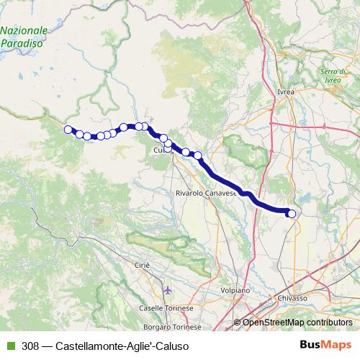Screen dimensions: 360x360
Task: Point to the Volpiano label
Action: click(x=235, y=289)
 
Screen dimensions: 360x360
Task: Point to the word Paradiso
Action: click(x=22, y=43)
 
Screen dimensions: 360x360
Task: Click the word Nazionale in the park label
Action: click(x=24, y=31)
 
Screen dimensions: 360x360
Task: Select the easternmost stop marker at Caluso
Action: click(x=291, y=212)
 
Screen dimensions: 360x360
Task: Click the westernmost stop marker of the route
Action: click(x=68, y=130)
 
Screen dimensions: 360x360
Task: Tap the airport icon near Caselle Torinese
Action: click(x=168, y=291)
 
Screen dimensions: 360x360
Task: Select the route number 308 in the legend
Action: click(x=31, y=344)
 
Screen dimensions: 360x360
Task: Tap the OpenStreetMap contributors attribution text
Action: click(x=297, y=323)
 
